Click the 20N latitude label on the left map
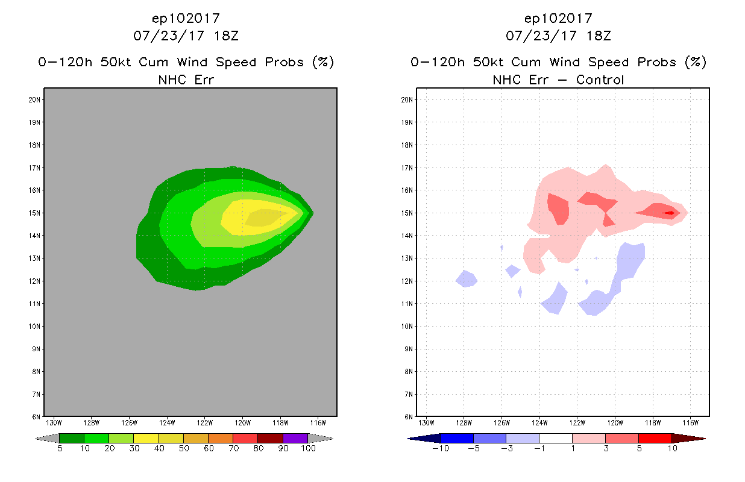click(x=34, y=99)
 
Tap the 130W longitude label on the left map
click(x=54, y=422)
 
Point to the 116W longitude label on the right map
click(x=691, y=422)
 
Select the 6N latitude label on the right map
click(x=407, y=417)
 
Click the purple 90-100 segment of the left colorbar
click(x=295, y=438)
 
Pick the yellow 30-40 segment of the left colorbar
click(x=146, y=438)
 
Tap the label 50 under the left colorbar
click(x=183, y=449)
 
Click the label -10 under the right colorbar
click(x=441, y=449)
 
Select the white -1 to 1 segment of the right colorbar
click(x=555, y=438)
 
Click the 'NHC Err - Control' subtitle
click(x=558, y=80)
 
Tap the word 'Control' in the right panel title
click(x=600, y=80)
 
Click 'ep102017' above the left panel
click(x=186, y=19)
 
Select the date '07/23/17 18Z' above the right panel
click(x=558, y=36)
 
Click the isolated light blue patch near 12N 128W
click(x=466, y=279)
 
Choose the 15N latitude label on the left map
click(x=34, y=213)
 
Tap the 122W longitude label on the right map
click(x=577, y=422)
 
